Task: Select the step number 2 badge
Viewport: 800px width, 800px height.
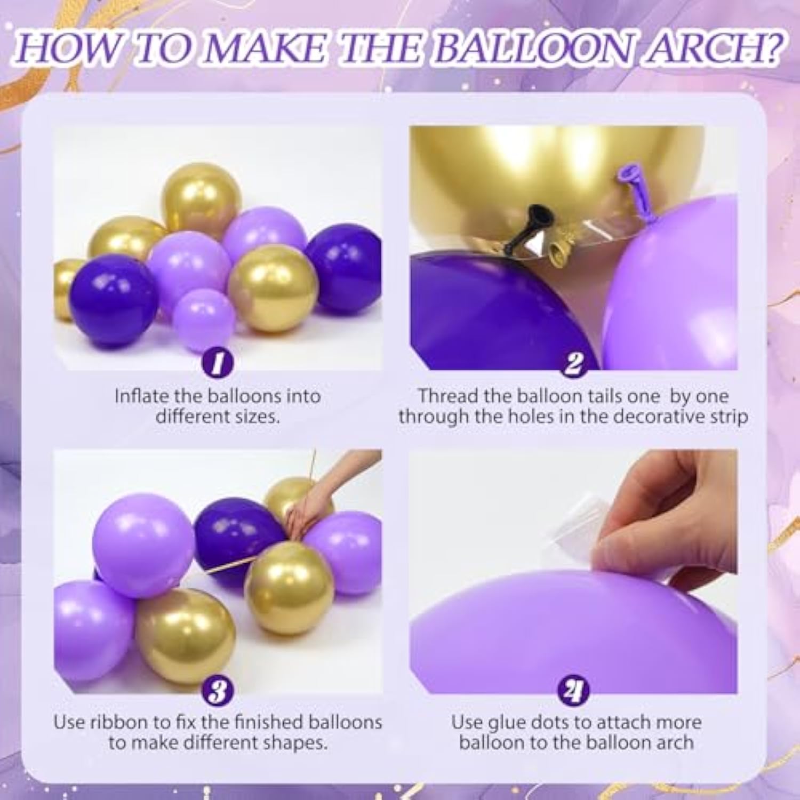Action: tap(573, 364)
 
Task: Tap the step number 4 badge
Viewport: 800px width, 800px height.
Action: tap(573, 691)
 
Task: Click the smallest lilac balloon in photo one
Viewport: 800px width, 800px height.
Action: tap(204, 318)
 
